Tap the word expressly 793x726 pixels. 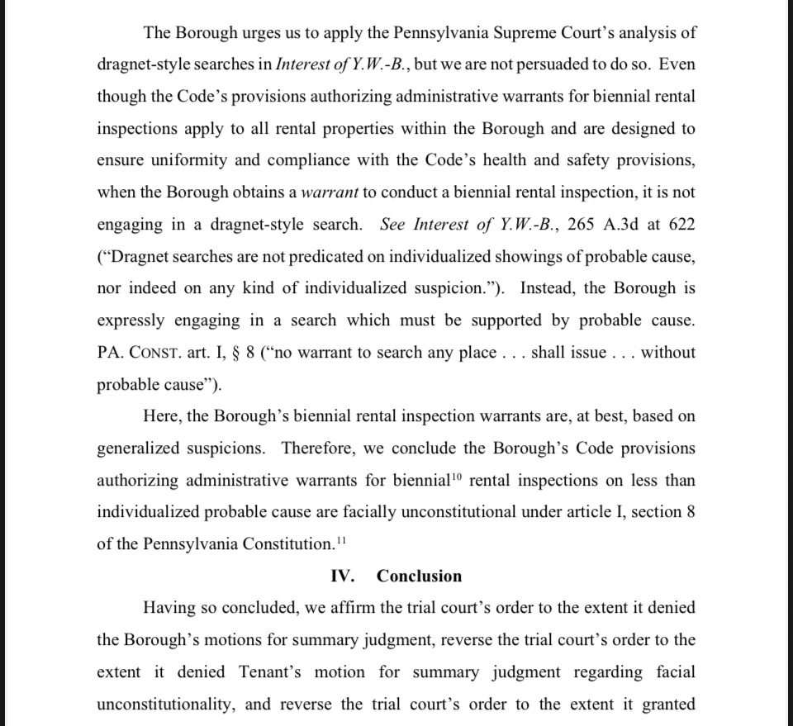click(133, 320)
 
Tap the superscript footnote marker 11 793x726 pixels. click(340, 541)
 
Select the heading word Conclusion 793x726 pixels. click(419, 577)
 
